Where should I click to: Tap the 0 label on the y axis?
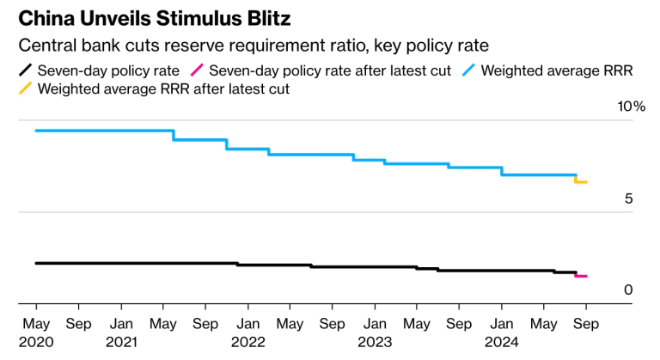point(628,290)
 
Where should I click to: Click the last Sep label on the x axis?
point(586,324)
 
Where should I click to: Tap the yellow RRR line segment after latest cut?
point(581,182)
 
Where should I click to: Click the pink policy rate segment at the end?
point(581,276)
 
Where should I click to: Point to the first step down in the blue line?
point(174,135)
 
